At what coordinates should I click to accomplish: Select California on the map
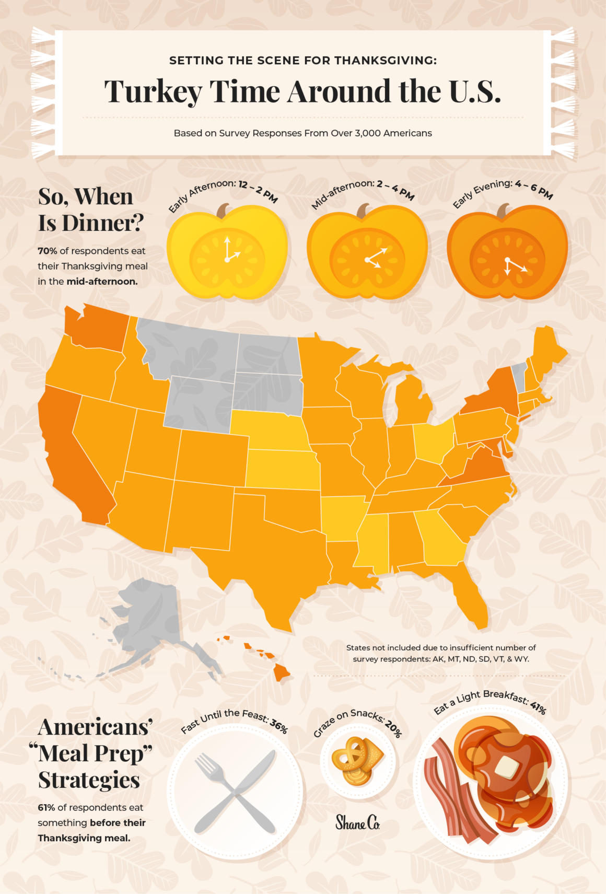pyautogui.click(x=73, y=460)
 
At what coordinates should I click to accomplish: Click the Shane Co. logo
pyautogui.click(x=357, y=823)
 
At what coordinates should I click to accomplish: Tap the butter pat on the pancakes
pyautogui.click(x=506, y=767)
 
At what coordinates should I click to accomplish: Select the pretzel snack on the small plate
pyautogui.click(x=350, y=758)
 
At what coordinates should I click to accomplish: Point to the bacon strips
pyautogui.click(x=449, y=794)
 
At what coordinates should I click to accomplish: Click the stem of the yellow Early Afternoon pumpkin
pyautogui.click(x=223, y=211)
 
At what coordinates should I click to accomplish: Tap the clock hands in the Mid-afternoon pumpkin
pyautogui.click(x=375, y=257)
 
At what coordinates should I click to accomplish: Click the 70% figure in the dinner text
pyautogui.click(x=47, y=251)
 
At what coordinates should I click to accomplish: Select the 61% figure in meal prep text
pyautogui.click(x=46, y=807)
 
